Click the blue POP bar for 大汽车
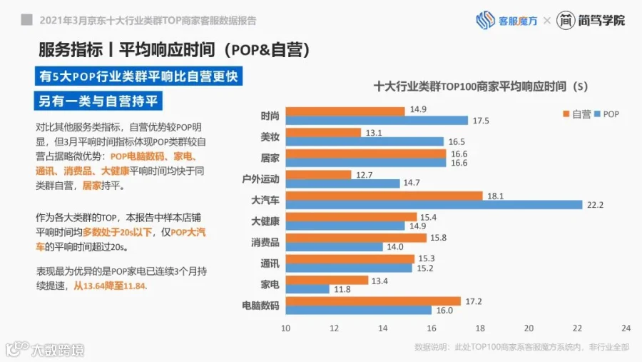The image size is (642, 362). click(434, 205)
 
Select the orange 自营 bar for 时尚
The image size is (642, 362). click(345, 111)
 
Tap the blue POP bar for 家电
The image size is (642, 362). click(307, 289)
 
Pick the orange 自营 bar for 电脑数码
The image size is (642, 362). click(373, 301)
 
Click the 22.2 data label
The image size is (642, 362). click(595, 205)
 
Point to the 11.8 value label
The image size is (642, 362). click(342, 289)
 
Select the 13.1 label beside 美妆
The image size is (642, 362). click(373, 133)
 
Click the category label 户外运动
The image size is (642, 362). click(261, 179)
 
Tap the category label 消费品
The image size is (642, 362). click(265, 242)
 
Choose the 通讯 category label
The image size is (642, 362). click(270, 263)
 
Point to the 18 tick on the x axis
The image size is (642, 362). click(480, 328)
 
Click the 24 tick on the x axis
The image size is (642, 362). click(626, 328)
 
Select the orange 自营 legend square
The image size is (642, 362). click(566, 114)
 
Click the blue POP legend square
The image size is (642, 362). click(597, 114)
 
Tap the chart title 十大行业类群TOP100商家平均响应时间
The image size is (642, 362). click(470, 86)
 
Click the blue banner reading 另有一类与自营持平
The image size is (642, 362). click(98, 101)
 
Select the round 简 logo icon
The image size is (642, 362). click(566, 20)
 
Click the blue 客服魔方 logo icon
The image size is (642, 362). click(485, 20)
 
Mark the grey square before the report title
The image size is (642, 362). click(26, 20)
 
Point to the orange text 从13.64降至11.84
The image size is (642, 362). click(109, 286)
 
